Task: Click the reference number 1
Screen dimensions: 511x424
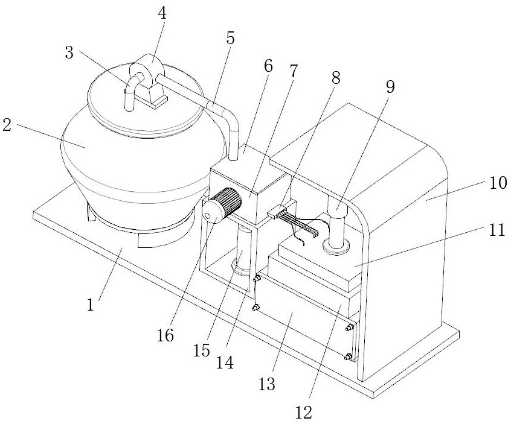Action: coord(91,305)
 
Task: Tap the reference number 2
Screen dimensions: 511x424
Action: coord(7,125)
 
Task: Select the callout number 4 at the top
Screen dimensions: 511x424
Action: coord(162,14)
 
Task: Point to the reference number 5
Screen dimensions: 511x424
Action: coord(230,38)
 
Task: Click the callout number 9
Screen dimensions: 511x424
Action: coord(390,87)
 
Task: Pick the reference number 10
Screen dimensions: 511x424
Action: coord(498,183)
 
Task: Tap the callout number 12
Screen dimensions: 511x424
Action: coord(304,413)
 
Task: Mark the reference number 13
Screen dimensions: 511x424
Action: coord(267,384)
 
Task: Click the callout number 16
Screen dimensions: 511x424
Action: coord(166,335)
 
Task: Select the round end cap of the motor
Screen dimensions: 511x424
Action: coord(211,212)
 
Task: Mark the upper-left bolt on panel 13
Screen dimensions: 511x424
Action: coord(257,278)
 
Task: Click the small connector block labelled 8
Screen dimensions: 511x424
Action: coord(277,212)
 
